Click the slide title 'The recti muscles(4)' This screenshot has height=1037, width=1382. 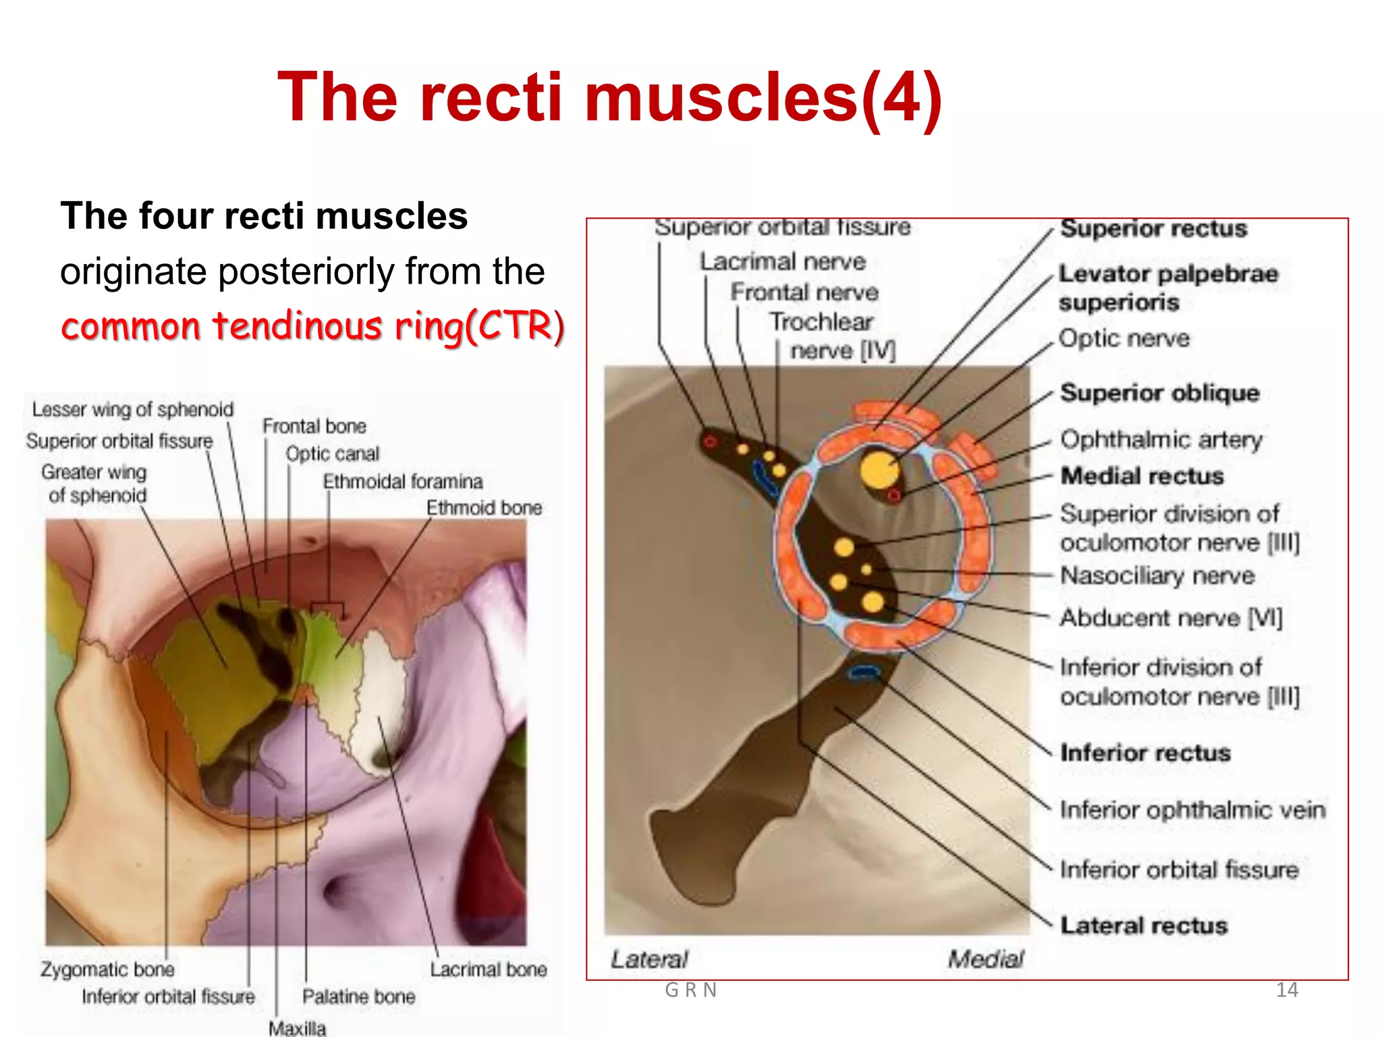[609, 98]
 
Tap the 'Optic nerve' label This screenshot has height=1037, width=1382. [1124, 338]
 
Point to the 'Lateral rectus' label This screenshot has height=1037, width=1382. [1144, 925]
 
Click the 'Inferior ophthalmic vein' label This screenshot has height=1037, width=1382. [1192, 809]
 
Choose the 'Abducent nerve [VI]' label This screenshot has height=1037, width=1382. [1171, 618]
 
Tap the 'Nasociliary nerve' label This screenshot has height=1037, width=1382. [1157, 576]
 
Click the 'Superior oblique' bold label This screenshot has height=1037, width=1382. [1159, 393]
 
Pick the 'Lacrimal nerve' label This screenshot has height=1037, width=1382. [782, 261]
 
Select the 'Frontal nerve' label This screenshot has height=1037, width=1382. [804, 292]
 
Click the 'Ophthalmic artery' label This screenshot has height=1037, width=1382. [1161, 440]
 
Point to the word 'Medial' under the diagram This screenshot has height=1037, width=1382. [985, 959]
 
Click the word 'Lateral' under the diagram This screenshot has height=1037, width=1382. [649, 959]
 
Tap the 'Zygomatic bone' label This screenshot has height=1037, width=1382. [107, 969]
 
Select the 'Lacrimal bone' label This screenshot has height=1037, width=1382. [489, 969]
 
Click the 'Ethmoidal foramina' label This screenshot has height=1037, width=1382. [403, 481]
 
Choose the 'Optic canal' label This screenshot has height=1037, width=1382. [332, 454]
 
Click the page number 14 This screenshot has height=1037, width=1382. [1287, 990]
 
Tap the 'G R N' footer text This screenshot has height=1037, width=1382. [690, 990]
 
